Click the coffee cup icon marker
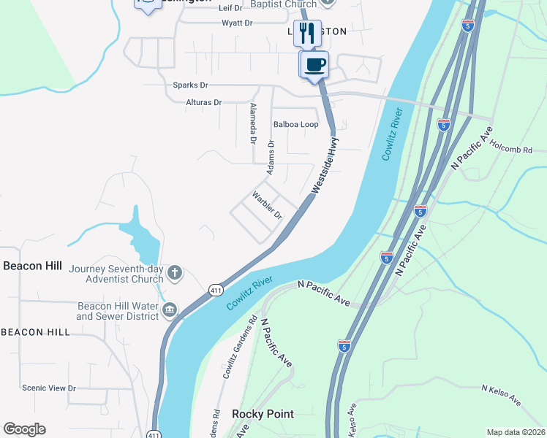[x=315, y=64]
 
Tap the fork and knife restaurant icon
[x=307, y=33]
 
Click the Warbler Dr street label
[x=267, y=205]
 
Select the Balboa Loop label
[x=295, y=125]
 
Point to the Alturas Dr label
[x=203, y=103]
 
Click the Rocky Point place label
[x=263, y=414]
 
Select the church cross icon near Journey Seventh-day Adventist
[x=174, y=274]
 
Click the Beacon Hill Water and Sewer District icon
[x=170, y=311]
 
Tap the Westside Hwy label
[x=326, y=164]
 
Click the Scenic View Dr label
[x=49, y=388]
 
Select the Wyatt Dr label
[x=237, y=23]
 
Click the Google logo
[x=24, y=429]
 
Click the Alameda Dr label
[x=253, y=122]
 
